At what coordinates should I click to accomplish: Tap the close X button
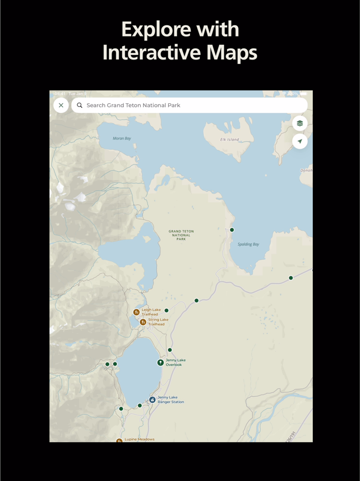(x=61, y=106)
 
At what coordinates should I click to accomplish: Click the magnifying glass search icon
(x=80, y=106)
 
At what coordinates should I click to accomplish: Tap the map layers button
(x=300, y=123)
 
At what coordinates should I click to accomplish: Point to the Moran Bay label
(x=122, y=139)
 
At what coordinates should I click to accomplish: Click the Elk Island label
(x=229, y=140)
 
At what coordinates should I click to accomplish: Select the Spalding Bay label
(x=248, y=244)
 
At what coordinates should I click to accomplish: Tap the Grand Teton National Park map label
(x=181, y=235)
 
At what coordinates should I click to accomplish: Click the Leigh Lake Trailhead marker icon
(x=136, y=312)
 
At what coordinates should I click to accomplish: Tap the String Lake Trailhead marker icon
(x=143, y=322)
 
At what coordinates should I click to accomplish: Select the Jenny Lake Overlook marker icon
(x=160, y=363)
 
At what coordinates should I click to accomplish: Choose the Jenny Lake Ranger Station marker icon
(x=152, y=400)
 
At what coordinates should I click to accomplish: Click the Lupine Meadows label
(x=139, y=439)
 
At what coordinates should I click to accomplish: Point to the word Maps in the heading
(x=232, y=53)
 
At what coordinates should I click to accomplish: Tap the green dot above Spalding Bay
(x=232, y=230)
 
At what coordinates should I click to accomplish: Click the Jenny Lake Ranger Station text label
(x=170, y=400)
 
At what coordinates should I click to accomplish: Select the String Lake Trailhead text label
(x=158, y=322)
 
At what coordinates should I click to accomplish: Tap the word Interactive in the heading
(x=151, y=53)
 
